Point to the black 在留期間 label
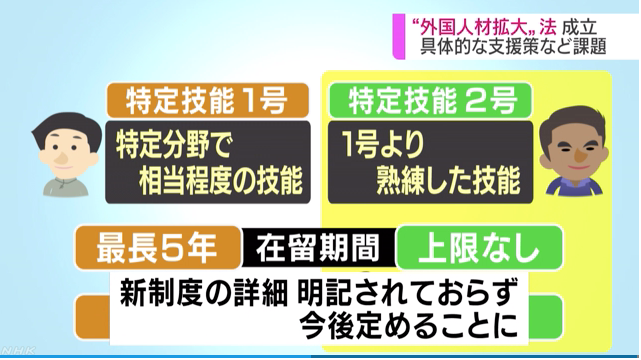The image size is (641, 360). [x=319, y=244]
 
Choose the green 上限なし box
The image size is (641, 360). [x=467, y=244]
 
